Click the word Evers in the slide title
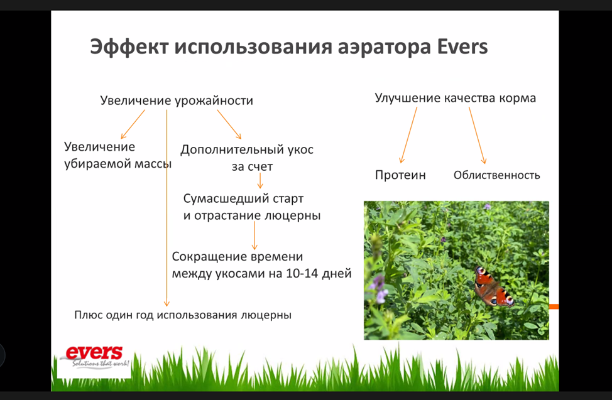[x=462, y=46]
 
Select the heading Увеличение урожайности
[x=177, y=101]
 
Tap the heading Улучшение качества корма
[x=456, y=98]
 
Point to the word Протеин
[x=400, y=175]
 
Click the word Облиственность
[x=496, y=175]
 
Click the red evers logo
[x=94, y=352]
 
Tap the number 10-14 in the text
[x=302, y=273]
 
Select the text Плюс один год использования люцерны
[x=183, y=315]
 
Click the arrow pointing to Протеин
[x=408, y=135]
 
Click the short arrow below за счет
[x=260, y=181]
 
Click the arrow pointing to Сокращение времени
[x=254, y=235]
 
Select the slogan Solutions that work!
[x=101, y=364]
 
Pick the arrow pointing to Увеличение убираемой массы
[x=133, y=124]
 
